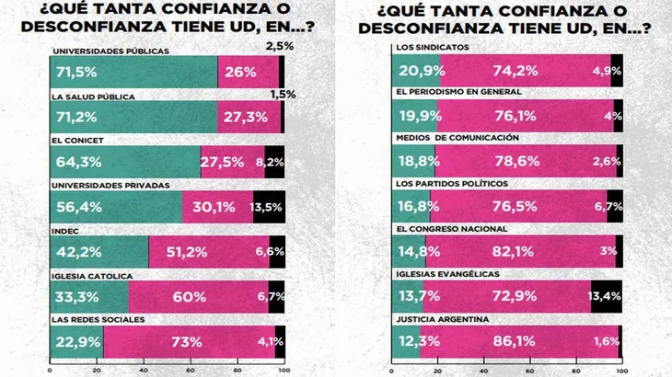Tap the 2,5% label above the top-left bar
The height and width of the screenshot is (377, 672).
click(x=280, y=45)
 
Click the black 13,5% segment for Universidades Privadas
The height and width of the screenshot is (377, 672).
click(x=269, y=206)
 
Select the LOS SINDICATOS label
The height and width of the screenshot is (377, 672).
click(x=433, y=46)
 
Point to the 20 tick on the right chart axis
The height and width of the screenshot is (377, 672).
click(x=439, y=370)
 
